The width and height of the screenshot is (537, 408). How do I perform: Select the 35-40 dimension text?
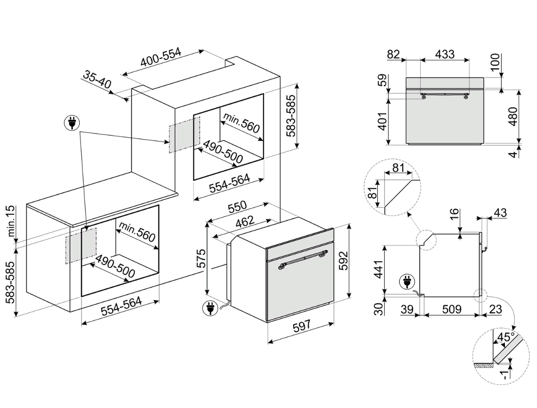[x=97, y=80]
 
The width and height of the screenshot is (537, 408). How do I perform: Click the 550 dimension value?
[x=237, y=207]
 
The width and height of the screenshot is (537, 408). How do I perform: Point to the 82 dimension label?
[x=393, y=54]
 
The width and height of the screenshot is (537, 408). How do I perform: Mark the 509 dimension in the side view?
[x=451, y=310]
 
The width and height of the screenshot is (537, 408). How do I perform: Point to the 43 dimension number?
[x=500, y=212]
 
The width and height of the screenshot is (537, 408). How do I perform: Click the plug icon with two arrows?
[x=72, y=123]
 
